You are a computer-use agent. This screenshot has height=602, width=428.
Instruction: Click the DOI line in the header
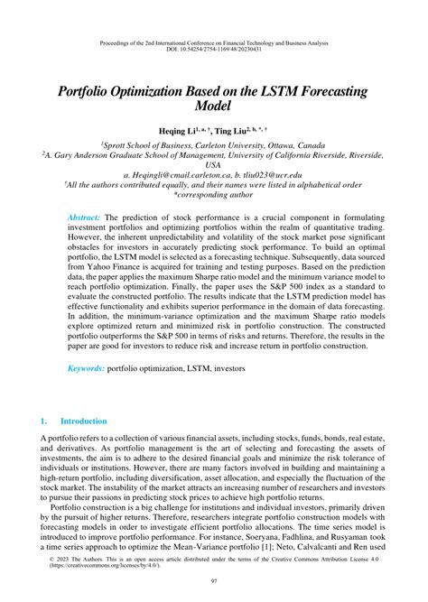tap(214, 24)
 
